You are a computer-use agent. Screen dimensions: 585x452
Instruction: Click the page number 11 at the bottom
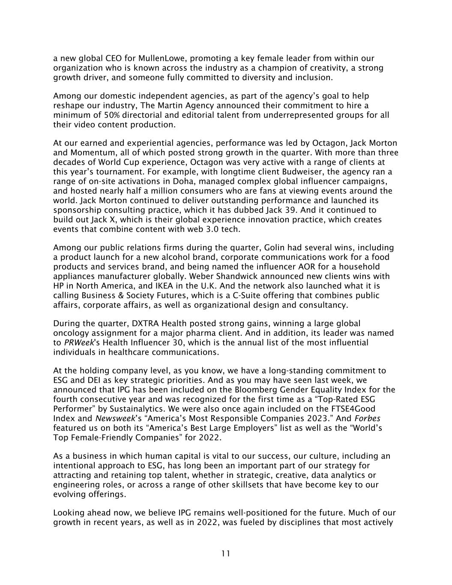pyautogui.click(x=226, y=554)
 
